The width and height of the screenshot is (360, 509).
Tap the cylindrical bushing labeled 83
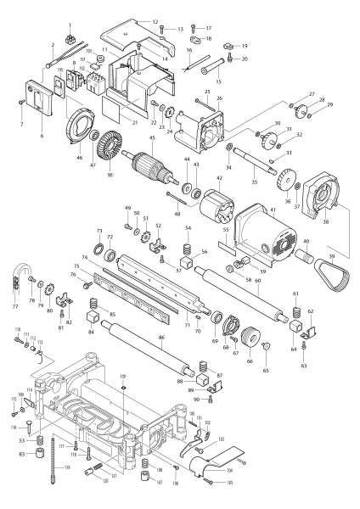click(x=37, y=467)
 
